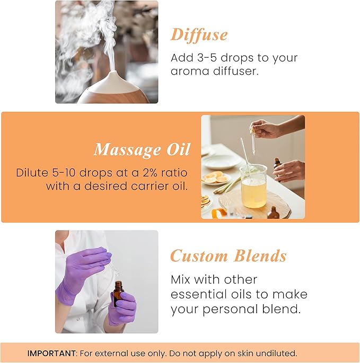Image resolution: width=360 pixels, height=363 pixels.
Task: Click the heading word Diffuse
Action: [x=199, y=35]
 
